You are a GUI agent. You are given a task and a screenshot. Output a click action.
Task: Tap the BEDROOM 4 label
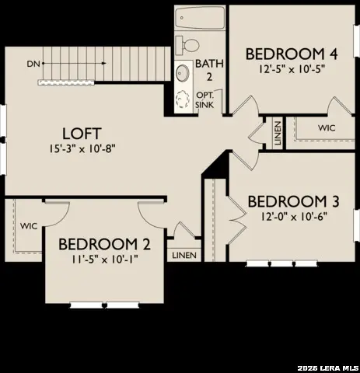292,54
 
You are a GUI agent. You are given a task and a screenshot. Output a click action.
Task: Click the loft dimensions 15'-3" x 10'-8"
81,148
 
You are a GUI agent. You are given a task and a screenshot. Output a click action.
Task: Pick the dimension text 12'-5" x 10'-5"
292,68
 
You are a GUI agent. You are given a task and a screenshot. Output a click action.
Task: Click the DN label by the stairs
33,63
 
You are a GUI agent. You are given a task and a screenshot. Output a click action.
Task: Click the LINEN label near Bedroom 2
184,255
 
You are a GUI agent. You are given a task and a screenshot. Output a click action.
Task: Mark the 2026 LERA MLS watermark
327,366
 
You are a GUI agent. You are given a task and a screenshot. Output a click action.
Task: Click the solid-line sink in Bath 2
183,73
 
